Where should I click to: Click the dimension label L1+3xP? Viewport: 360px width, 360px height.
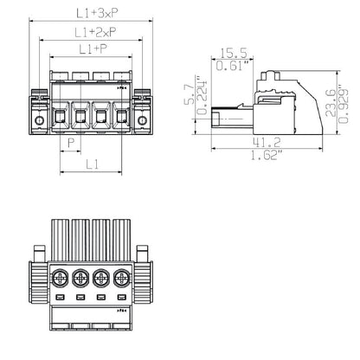pyautogui.click(x=93, y=14)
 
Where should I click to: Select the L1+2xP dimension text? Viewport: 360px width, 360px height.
pyautogui.click(x=93, y=32)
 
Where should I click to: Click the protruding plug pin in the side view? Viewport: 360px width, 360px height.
pyautogui.click(x=227, y=114)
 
